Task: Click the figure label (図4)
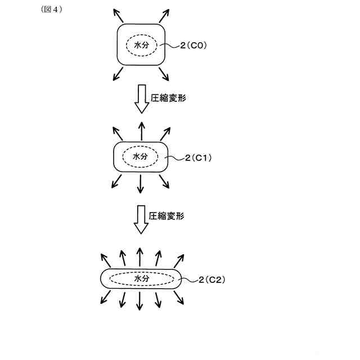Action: point(51,10)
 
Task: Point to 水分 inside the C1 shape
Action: point(140,157)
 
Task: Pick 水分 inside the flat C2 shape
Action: point(141,278)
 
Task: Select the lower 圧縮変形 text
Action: point(166,215)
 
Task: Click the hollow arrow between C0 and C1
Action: point(140,99)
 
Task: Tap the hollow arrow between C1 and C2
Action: point(140,218)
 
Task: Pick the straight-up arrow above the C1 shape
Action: point(141,130)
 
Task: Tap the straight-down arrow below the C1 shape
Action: point(141,183)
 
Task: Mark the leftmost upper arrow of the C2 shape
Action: point(105,260)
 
